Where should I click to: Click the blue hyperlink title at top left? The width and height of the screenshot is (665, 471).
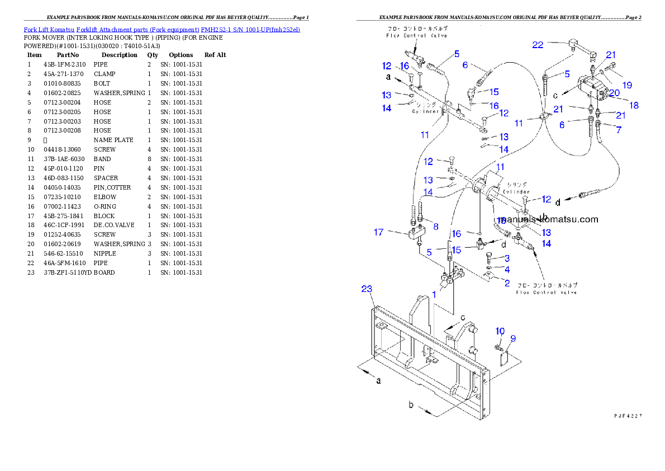coord(161,29)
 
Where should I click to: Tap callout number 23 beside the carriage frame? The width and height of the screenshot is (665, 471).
coord(367,289)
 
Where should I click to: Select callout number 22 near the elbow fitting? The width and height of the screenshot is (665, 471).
coord(538,45)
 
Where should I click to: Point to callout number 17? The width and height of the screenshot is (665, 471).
coord(379,232)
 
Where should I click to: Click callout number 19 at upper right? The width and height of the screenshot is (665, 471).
coord(628,85)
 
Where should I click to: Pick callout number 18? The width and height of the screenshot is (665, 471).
coord(634,105)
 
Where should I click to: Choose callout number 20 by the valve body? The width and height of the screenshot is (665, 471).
coord(614,93)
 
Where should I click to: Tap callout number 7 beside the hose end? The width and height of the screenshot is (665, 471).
coord(618,130)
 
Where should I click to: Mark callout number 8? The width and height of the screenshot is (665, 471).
coord(436,226)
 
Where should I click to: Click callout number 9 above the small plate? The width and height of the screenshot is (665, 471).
coord(513,338)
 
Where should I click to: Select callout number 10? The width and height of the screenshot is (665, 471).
coord(500,332)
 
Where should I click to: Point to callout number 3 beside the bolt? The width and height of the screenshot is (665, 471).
coord(507,258)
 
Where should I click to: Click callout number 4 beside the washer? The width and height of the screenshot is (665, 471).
coord(507,270)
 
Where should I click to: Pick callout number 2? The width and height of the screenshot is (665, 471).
coord(507,283)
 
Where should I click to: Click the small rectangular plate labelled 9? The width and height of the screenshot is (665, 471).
coord(502,357)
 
